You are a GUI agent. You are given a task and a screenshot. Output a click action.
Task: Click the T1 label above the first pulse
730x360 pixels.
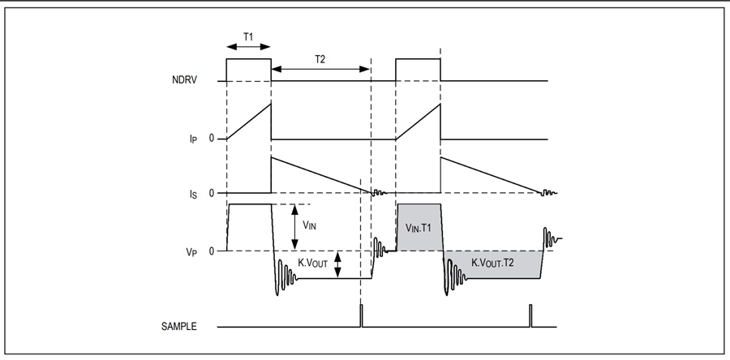(248, 36)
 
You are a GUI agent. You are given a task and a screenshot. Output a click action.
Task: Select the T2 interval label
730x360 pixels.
(320, 59)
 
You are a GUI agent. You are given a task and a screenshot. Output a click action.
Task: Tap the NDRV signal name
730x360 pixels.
(184, 80)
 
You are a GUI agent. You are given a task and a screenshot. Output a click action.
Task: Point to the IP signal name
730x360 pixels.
(192, 139)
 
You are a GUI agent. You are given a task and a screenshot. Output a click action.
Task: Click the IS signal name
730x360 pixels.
(193, 194)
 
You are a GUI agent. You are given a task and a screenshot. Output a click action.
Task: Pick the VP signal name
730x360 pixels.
(193, 252)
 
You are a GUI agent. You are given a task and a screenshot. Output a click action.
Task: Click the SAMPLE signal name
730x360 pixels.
(179, 327)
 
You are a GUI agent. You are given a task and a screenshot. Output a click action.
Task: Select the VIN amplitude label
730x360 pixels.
(310, 225)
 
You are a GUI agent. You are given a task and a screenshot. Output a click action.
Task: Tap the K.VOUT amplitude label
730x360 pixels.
(313, 264)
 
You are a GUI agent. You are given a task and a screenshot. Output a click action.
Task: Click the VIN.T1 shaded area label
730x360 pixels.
(419, 228)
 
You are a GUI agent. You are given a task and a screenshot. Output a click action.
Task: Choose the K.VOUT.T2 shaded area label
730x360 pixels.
(492, 263)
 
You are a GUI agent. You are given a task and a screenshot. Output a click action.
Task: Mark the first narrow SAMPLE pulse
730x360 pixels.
(361, 316)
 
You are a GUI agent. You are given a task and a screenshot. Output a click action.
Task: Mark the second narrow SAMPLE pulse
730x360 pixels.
(530, 316)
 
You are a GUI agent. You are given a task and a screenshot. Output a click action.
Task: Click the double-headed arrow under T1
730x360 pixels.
(248, 46)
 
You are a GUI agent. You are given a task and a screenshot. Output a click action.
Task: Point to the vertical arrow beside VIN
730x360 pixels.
(294, 228)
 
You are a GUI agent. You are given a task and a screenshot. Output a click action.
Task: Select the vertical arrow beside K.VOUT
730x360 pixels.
(338, 265)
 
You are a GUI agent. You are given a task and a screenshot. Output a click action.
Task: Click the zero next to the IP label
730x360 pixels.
(212, 139)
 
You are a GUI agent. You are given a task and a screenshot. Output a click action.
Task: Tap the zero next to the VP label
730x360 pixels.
(212, 251)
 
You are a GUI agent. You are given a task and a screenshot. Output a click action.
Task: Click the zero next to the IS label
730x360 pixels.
(212, 193)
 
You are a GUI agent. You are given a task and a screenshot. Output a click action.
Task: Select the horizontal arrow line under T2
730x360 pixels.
(320, 69)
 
